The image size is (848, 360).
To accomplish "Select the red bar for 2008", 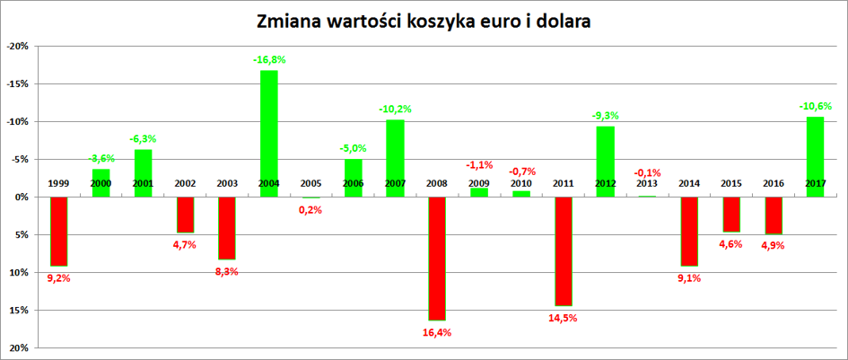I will click(436, 259).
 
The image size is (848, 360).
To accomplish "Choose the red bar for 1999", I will click(59, 232).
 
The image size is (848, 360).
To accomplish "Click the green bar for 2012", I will click(604, 162).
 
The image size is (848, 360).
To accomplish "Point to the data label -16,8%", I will click(268, 60).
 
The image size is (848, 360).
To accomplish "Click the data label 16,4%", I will click(437, 331).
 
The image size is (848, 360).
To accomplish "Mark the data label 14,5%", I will click(563, 317).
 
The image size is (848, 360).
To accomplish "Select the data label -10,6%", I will click(815, 107).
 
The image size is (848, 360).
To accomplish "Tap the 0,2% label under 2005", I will click(310, 209).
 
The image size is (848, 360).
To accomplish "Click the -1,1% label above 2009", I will click(478, 165).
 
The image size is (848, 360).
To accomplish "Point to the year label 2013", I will click(646, 184).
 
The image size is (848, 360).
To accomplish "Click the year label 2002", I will click(185, 184).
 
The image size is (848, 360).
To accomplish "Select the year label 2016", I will click(773, 184).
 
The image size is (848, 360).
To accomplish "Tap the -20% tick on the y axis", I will click(18, 46).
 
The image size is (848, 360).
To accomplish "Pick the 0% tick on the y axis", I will click(22, 197).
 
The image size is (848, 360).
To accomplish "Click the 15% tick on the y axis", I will click(20, 311).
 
